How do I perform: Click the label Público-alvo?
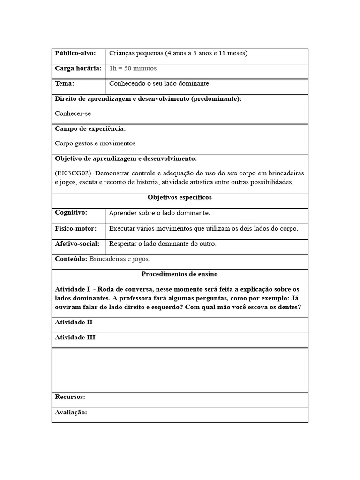75,53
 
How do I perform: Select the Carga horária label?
78,68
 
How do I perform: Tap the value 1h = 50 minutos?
133,68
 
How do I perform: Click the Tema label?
65,84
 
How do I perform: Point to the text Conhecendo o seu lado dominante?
160,84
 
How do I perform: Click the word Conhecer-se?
73,113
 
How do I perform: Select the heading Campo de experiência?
90,128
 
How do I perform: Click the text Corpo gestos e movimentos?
95,143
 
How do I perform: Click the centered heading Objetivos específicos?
180,198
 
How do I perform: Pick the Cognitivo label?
71,213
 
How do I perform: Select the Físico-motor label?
76,229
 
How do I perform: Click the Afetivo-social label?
77,244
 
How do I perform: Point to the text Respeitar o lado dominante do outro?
163,244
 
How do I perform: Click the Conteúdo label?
71,259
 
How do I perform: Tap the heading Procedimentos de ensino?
180,274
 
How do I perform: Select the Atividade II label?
74,322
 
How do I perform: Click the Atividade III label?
75,337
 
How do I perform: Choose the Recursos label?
70,397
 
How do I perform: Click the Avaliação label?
71,412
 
